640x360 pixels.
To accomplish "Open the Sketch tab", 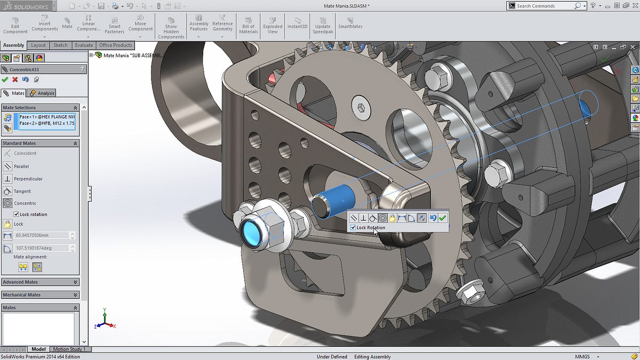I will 60,45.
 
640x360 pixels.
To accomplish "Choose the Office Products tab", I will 115,45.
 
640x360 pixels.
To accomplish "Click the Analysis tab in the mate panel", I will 43,93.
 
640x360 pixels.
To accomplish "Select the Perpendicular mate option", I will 28,179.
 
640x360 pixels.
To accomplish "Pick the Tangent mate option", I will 22,191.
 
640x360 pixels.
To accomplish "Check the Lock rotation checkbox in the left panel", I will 17,214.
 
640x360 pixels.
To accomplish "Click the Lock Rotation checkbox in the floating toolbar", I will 353,228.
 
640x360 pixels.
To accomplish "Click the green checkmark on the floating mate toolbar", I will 443,218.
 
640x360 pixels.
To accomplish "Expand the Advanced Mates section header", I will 40,282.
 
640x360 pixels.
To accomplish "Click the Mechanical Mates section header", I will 40,295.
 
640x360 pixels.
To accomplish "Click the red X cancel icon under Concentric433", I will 15,79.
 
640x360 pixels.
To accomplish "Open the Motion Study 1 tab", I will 69,349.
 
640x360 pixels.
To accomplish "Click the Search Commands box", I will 544,6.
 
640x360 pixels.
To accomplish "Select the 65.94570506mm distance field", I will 42,235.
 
